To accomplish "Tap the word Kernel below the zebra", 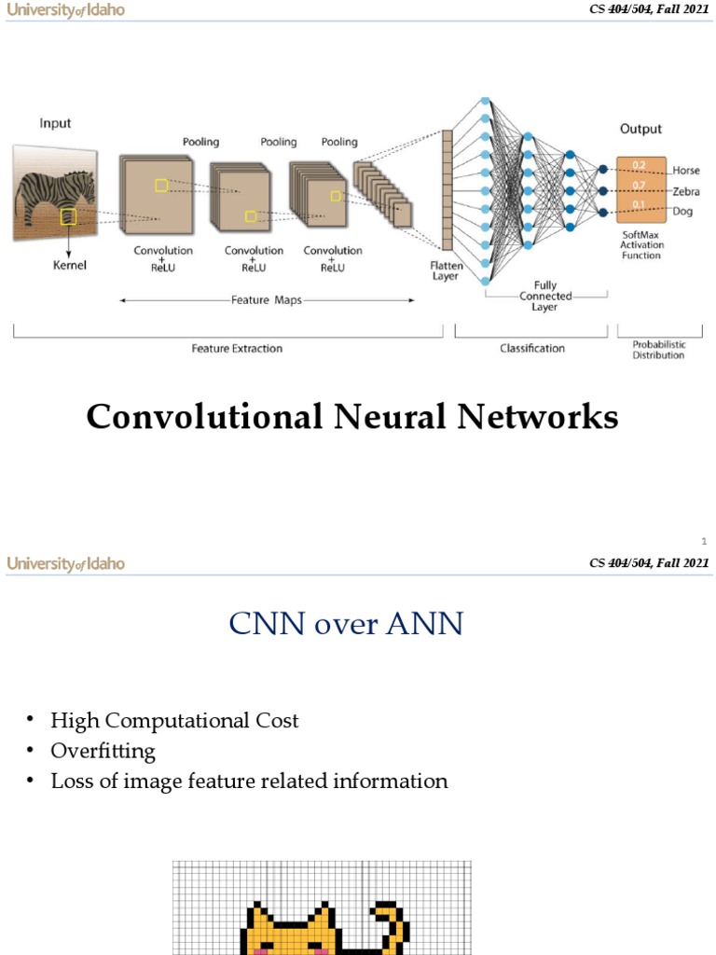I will tap(68, 266).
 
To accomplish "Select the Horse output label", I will tap(685, 171).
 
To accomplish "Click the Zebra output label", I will tap(686, 191).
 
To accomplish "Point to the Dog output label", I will tap(682, 212).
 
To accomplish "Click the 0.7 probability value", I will tap(639, 186).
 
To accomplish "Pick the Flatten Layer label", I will tap(446, 270).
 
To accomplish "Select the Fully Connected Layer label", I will tap(545, 296).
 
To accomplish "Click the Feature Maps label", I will tap(267, 300).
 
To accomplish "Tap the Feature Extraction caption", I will tap(237, 348).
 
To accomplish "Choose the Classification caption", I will tap(531, 348).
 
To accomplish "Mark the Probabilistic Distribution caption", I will tap(658, 350).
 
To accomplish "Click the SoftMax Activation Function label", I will tap(641, 244).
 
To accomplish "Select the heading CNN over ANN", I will tap(346, 622).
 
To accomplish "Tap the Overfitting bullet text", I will tap(103, 751).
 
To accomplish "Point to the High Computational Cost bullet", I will tap(174, 720).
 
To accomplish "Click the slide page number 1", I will tap(704, 541).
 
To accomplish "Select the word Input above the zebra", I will tap(55, 123).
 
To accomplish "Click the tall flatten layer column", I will tap(447, 190).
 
